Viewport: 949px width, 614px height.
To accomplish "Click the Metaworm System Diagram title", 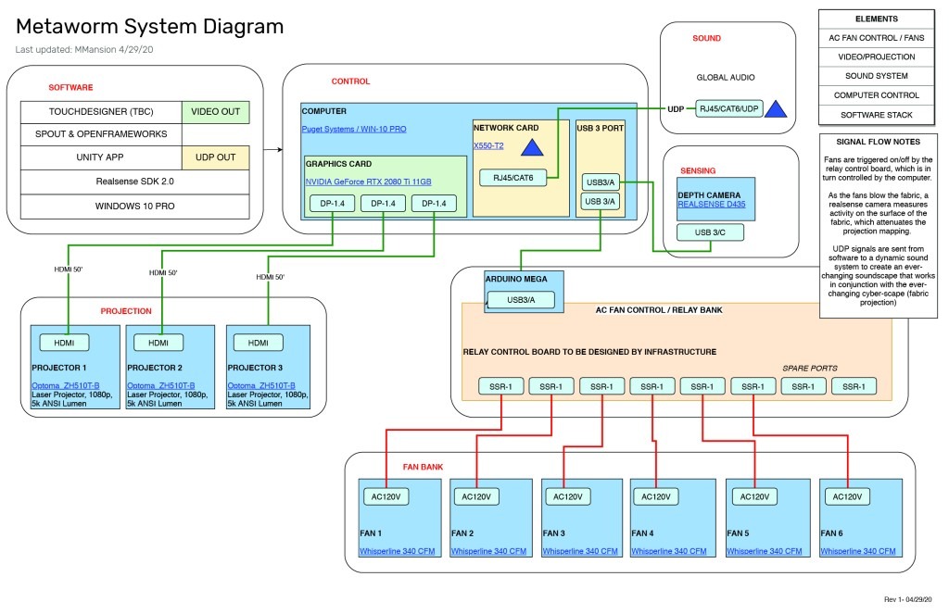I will pyautogui.click(x=150, y=27).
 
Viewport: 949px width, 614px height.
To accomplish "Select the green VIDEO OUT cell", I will pyautogui.click(x=215, y=112).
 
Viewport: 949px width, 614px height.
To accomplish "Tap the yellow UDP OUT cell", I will pyautogui.click(x=215, y=157).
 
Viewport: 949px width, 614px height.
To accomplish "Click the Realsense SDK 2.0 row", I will pyautogui.click(x=135, y=182).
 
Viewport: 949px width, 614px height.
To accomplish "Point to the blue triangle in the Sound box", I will pyautogui.click(x=776, y=110).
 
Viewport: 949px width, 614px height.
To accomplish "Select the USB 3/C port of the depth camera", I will pyautogui.click(x=709, y=232).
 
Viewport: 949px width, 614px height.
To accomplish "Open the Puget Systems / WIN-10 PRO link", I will pyautogui.click(x=354, y=129).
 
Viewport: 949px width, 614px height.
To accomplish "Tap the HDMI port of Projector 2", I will pyautogui.click(x=158, y=343).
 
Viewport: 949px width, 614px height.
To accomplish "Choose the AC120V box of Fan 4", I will pyautogui.click(x=656, y=496).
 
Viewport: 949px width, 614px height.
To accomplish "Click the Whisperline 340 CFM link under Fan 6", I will pyautogui.click(x=858, y=551).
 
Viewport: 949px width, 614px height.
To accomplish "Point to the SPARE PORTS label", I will pyautogui.click(x=810, y=368).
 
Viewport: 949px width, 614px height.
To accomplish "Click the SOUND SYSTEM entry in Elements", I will pyautogui.click(x=869, y=76).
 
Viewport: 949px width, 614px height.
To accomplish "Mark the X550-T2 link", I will pyautogui.click(x=489, y=146).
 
